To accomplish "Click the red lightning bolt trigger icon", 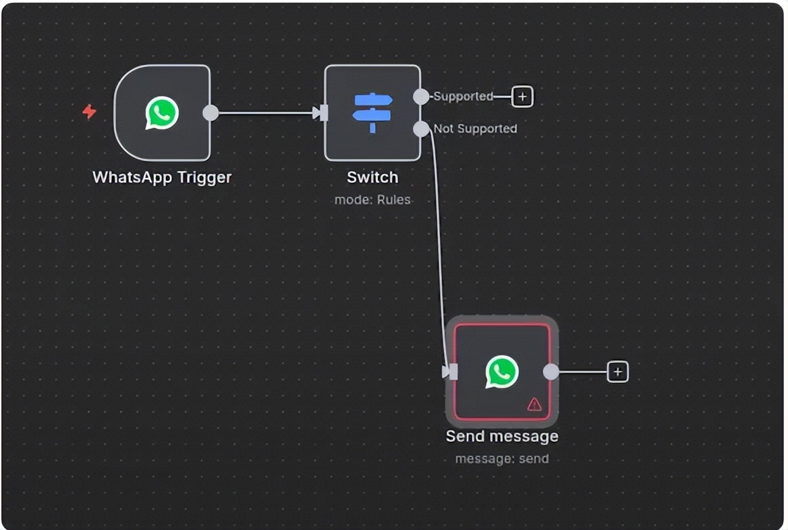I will click(89, 111).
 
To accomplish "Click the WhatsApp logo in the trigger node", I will click(162, 113).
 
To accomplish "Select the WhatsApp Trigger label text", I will click(162, 177).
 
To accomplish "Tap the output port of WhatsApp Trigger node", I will click(210, 113).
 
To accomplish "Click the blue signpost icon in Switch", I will click(372, 112).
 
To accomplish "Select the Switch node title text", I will click(372, 177).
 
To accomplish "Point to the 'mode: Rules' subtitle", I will click(372, 200).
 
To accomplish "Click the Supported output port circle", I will click(421, 96).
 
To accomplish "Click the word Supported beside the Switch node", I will click(463, 96).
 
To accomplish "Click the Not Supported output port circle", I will click(421, 129).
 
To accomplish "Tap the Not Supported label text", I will click(475, 129).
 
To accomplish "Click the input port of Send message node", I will click(451, 372).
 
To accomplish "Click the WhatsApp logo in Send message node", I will click(502, 372).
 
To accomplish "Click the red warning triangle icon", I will click(534, 404).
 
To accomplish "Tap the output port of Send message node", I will click(551, 372).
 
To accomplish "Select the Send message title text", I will click(502, 436).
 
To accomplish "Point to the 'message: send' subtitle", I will click(502, 459).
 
